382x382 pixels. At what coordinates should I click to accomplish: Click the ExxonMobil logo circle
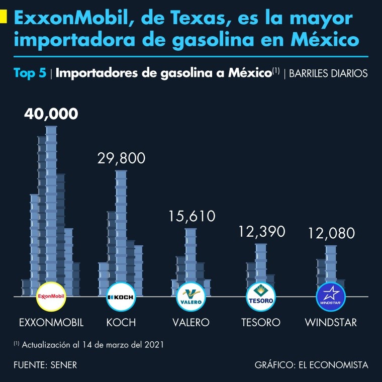tap(52, 297)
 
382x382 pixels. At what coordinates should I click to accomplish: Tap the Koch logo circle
tap(121, 297)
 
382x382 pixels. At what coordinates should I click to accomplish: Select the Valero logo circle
tap(191, 297)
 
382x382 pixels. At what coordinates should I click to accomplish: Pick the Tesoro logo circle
tap(260, 297)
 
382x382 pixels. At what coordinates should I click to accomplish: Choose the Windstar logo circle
tap(330, 297)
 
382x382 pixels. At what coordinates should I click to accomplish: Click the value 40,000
tap(51, 114)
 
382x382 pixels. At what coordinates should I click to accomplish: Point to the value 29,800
tap(121, 158)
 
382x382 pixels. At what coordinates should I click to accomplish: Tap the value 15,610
tap(191, 216)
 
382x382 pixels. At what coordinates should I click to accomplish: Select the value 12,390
tap(261, 231)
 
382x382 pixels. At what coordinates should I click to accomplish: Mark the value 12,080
tap(331, 233)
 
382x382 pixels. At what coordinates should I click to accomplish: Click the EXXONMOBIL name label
tap(51, 322)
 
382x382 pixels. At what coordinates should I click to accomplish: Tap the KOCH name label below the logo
tap(121, 322)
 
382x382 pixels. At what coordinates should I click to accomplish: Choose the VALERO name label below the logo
tap(191, 322)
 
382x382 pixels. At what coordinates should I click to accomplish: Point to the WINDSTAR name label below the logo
tap(331, 322)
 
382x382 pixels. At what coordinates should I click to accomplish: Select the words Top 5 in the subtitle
tap(30, 73)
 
